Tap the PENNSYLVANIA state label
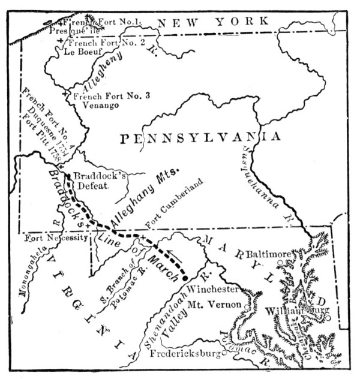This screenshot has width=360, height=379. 200,138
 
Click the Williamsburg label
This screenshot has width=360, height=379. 298,311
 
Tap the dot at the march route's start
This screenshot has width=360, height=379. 185,277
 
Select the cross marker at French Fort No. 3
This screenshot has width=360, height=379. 65,95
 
